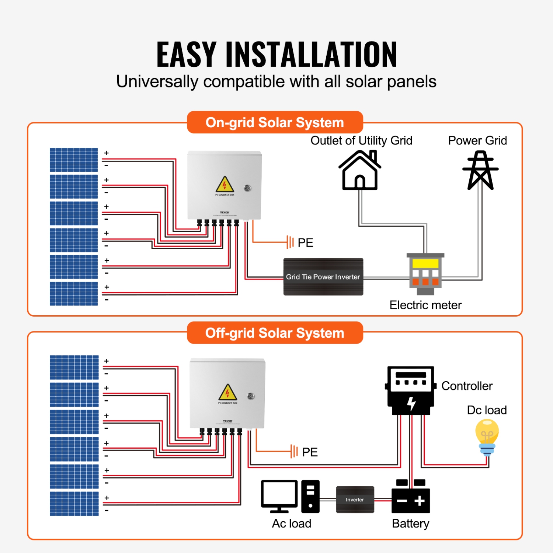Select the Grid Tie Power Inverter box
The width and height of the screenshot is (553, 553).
coord(323,276)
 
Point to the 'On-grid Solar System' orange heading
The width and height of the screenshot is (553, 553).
coord(275,122)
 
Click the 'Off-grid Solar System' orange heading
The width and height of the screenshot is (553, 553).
coord(275,333)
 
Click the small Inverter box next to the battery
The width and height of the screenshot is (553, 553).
coord(355,500)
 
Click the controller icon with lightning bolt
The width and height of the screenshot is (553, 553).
coord(411,390)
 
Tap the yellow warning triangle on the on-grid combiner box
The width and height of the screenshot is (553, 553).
coord(225,184)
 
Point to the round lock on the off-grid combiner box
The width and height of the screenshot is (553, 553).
coord(251,396)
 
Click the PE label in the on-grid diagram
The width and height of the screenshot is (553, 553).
coord(305,243)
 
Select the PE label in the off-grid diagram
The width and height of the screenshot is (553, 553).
coord(310,452)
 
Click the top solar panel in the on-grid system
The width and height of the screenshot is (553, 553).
coord(74,160)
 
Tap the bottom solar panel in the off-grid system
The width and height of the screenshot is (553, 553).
coord(74,504)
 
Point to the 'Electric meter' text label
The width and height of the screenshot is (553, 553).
coord(425,305)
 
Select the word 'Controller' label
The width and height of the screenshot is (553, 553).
coord(467,386)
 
